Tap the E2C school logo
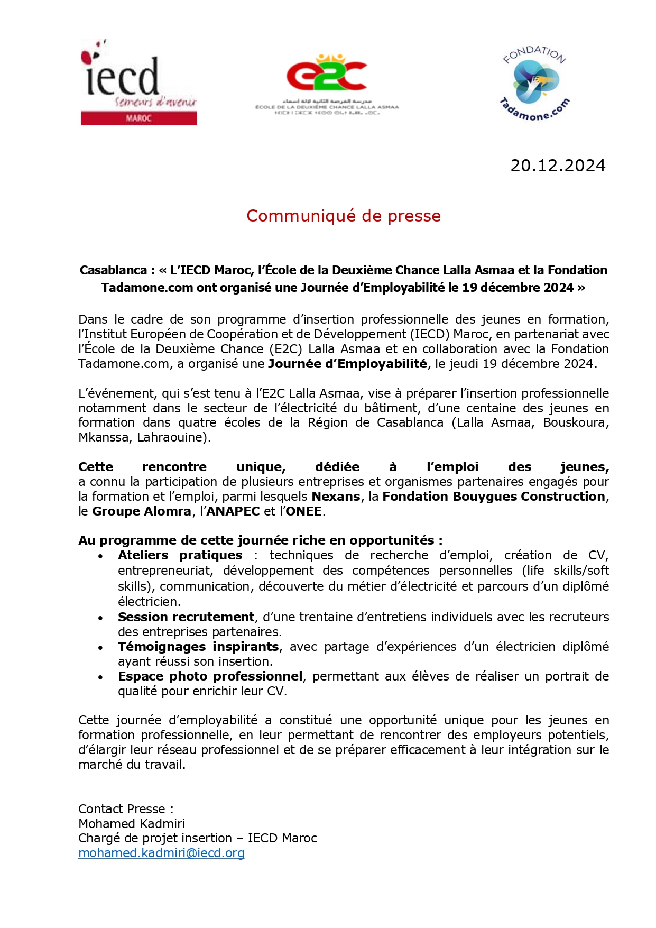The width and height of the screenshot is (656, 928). click(327, 85)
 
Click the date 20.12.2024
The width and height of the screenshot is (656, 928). click(558, 166)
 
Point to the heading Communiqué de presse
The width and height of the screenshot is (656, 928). click(343, 216)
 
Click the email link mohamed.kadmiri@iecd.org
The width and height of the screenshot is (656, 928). click(161, 853)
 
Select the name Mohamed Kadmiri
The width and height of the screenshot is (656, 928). click(132, 823)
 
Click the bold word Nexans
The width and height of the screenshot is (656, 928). click(336, 497)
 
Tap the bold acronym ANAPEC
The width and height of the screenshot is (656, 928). click(233, 511)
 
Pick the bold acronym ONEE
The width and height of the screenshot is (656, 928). click(303, 511)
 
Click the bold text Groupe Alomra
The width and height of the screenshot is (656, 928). click(141, 511)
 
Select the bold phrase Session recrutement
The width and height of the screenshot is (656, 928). click(186, 617)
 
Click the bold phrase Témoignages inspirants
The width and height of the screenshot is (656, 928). click(198, 647)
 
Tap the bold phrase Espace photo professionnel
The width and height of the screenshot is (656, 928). click(210, 676)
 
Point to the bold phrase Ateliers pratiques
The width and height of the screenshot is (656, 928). click(180, 555)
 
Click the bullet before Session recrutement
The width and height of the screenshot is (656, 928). click(100, 618)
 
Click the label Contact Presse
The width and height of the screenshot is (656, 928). click(122, 809)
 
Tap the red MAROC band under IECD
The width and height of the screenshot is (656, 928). click(138, 118)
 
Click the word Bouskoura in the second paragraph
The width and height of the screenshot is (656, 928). click(576, 422)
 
